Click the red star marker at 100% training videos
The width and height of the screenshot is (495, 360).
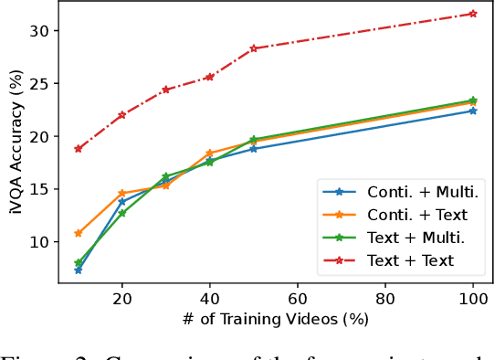point(473,14)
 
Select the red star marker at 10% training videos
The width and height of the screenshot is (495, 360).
point(78,148)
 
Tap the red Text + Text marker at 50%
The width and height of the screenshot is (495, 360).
point(253,48)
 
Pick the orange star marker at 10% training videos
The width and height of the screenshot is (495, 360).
point(78,233)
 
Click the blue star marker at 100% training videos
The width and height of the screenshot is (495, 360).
point(473,111)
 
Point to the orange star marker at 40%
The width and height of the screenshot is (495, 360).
point(209,154)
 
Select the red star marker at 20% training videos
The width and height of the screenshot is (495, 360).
point(121,115)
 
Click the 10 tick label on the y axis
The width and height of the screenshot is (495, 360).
point(47,242)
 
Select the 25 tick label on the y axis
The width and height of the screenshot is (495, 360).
point(47,83)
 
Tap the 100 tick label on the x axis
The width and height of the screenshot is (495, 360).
point(473,299)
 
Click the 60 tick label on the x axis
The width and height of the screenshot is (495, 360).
point(297,299)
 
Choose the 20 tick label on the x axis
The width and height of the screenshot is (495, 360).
point(121,299)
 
